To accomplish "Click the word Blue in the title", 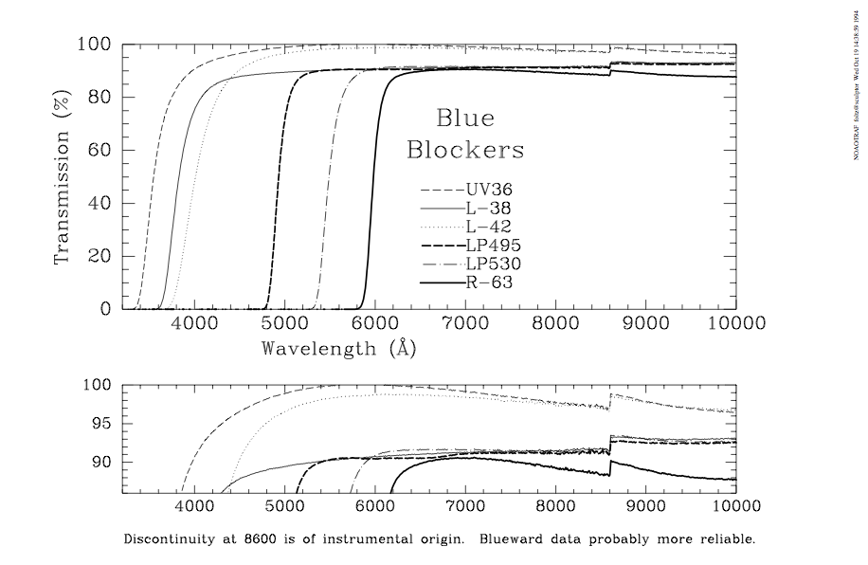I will [464, 118].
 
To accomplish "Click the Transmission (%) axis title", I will [63, 177].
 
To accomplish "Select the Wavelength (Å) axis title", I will [339, 348].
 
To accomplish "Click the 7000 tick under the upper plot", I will [465, 323].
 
